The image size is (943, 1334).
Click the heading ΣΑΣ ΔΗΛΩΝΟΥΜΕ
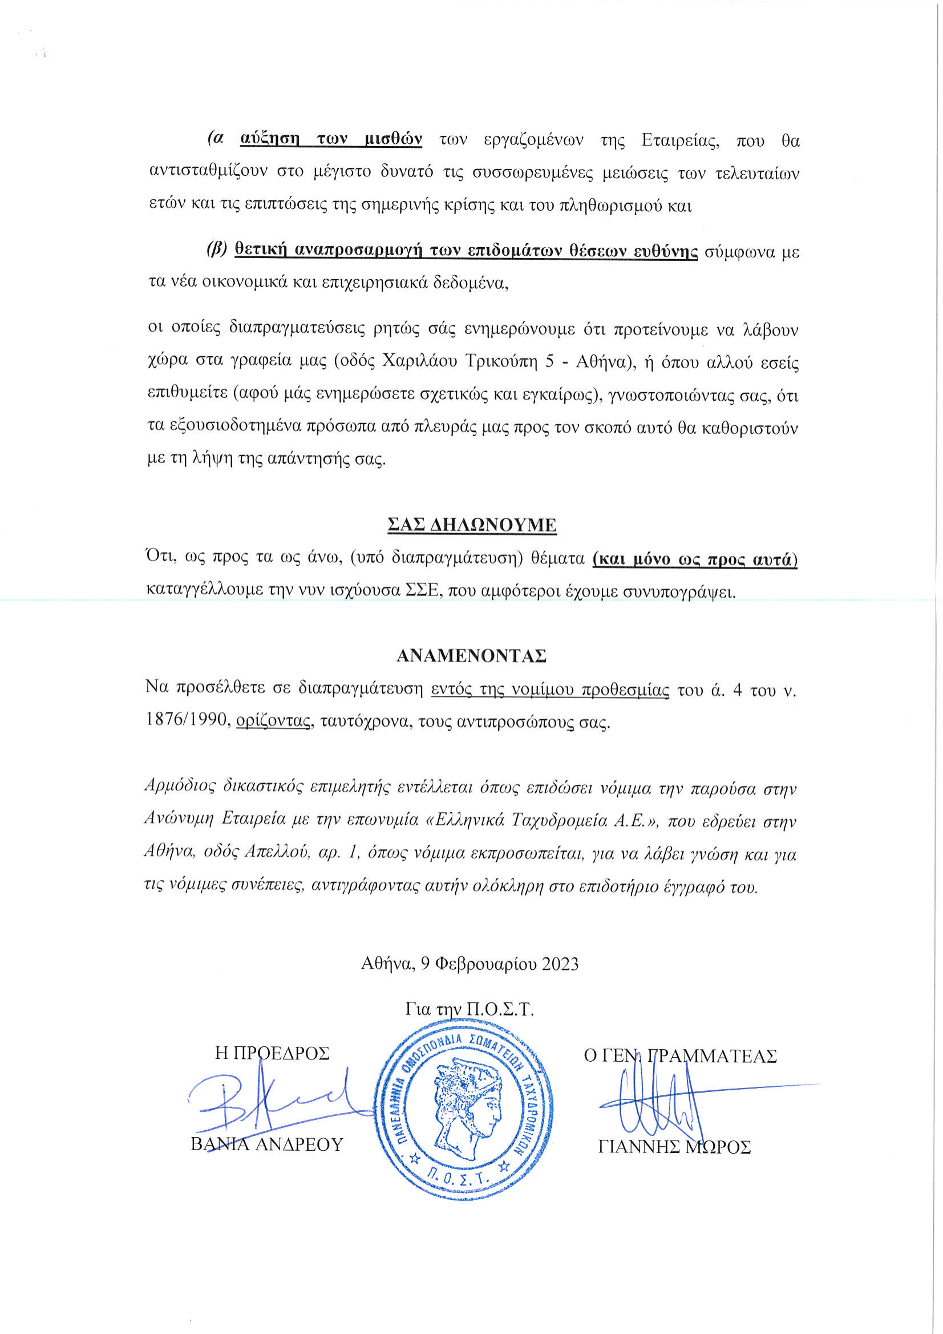tap(471, 525)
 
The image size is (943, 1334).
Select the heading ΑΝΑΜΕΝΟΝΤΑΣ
tap(471, 655)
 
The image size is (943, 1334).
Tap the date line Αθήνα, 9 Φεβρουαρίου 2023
tap(470, 964)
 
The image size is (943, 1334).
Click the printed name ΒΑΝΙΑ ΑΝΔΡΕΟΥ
tap(267, 1144)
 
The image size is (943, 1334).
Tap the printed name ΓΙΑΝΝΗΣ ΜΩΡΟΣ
tap(674, 1147)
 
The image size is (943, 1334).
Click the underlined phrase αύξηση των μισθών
tap(331, 139)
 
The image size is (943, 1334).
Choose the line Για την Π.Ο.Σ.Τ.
tap(469, 1009)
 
